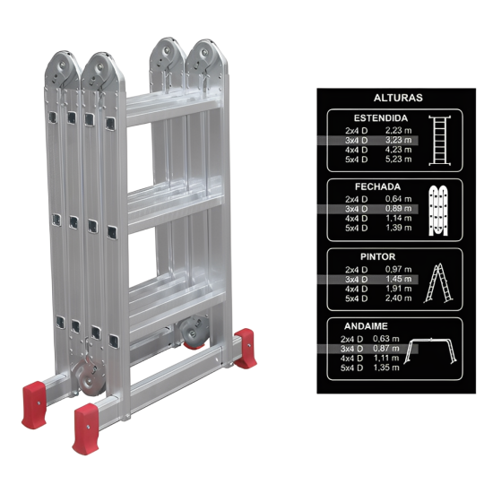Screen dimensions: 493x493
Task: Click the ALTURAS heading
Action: point(398,98)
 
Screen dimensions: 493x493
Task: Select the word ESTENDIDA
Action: point(380,118)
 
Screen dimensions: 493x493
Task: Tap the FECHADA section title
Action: point(377,186)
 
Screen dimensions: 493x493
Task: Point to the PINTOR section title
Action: point(377,257)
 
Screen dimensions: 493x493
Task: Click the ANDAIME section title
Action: point(366,326)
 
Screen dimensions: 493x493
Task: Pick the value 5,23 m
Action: point(398,160)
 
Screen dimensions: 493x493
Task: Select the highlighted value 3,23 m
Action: point(398,140)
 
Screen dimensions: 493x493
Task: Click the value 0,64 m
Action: point(398,199)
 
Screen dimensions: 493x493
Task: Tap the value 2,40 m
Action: point(398,298)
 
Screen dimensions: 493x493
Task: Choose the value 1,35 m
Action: point(386,368)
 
